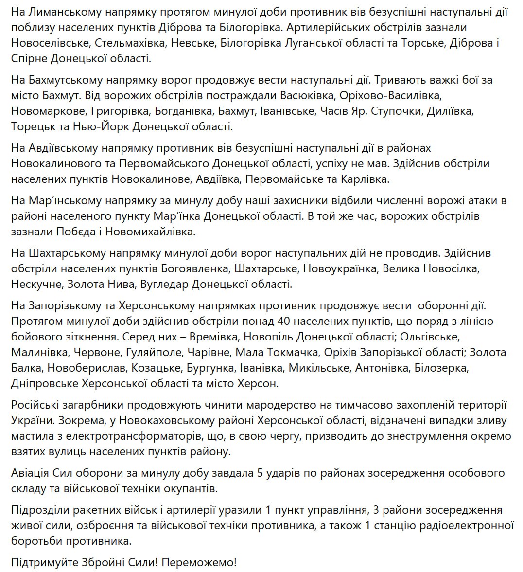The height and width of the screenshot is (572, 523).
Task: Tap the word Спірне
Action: tap(32, 58)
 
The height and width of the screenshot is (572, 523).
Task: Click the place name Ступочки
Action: tap(396, 111)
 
